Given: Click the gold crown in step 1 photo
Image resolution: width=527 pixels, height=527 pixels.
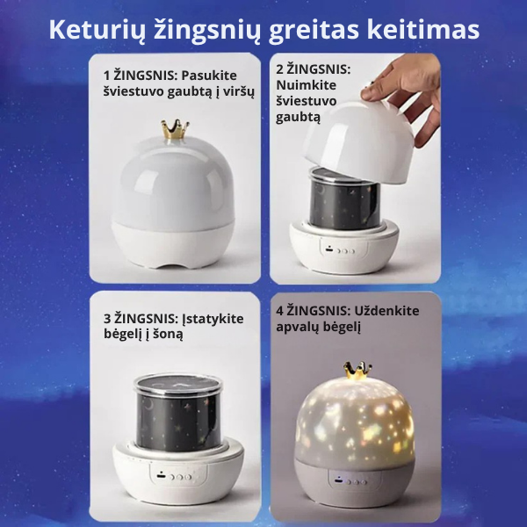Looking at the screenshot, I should point(175,130).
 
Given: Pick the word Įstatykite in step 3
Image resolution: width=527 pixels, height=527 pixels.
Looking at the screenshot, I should point(210,318).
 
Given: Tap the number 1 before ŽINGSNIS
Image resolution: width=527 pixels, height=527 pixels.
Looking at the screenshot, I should point(106,76).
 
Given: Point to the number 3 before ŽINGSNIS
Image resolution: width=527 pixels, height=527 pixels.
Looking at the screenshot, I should point(107,318).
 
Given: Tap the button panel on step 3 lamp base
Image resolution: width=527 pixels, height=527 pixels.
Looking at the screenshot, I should point(175,479).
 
